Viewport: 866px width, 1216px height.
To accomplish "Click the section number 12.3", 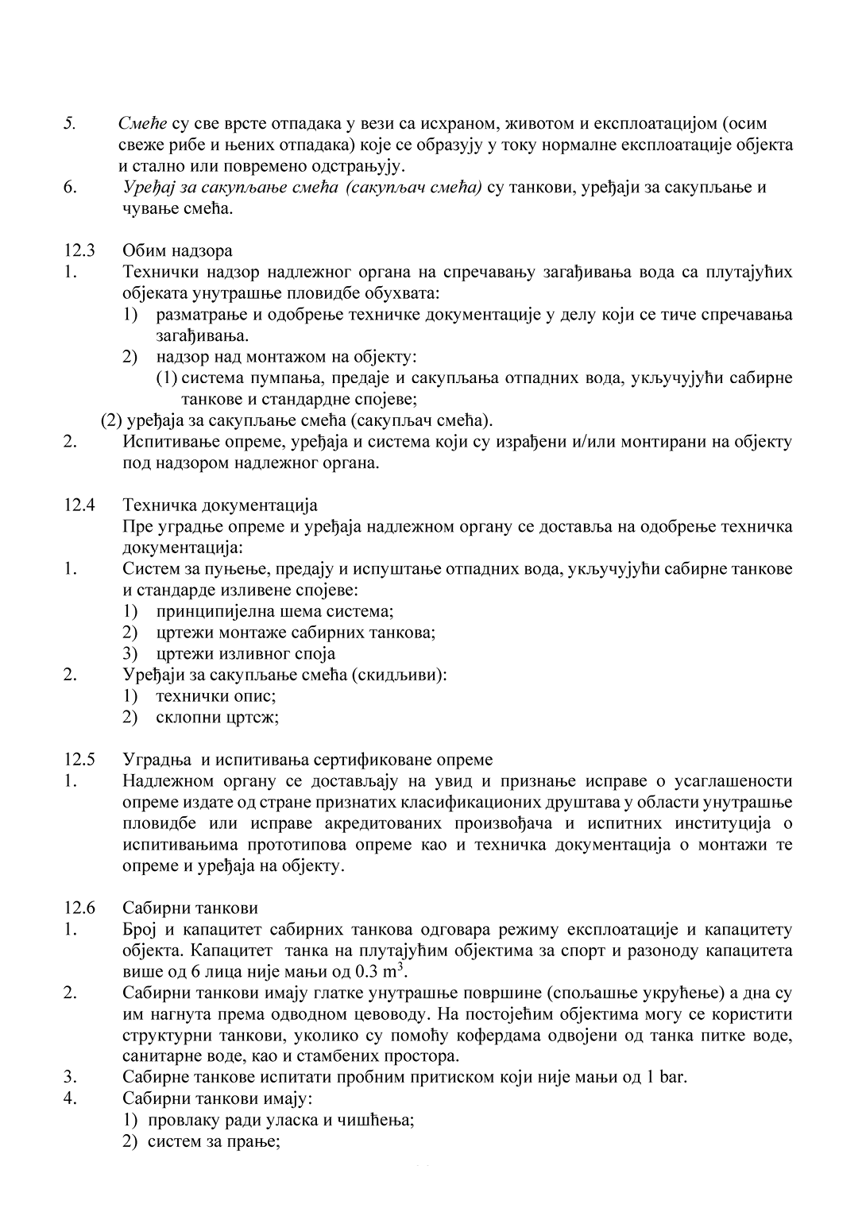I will [x=79, y=251].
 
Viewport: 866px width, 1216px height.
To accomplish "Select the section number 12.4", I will [x=79, y=505].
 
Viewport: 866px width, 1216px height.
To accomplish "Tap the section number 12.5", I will [x=79, y=759].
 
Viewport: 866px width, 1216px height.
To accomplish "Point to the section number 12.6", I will [x=79, y=908].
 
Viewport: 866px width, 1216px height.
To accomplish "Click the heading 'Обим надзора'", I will [x=177, y=251].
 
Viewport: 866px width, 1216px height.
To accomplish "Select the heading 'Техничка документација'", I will [x=220, y=505].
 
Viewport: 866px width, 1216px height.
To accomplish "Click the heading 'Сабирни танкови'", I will [x=190, y=908].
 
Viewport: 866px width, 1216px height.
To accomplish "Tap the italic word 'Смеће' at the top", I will [x=141, y=124].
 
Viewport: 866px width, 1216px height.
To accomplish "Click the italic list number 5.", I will [x=70, y=124].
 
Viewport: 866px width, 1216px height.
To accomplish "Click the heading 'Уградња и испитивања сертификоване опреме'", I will [x=307, y=759].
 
